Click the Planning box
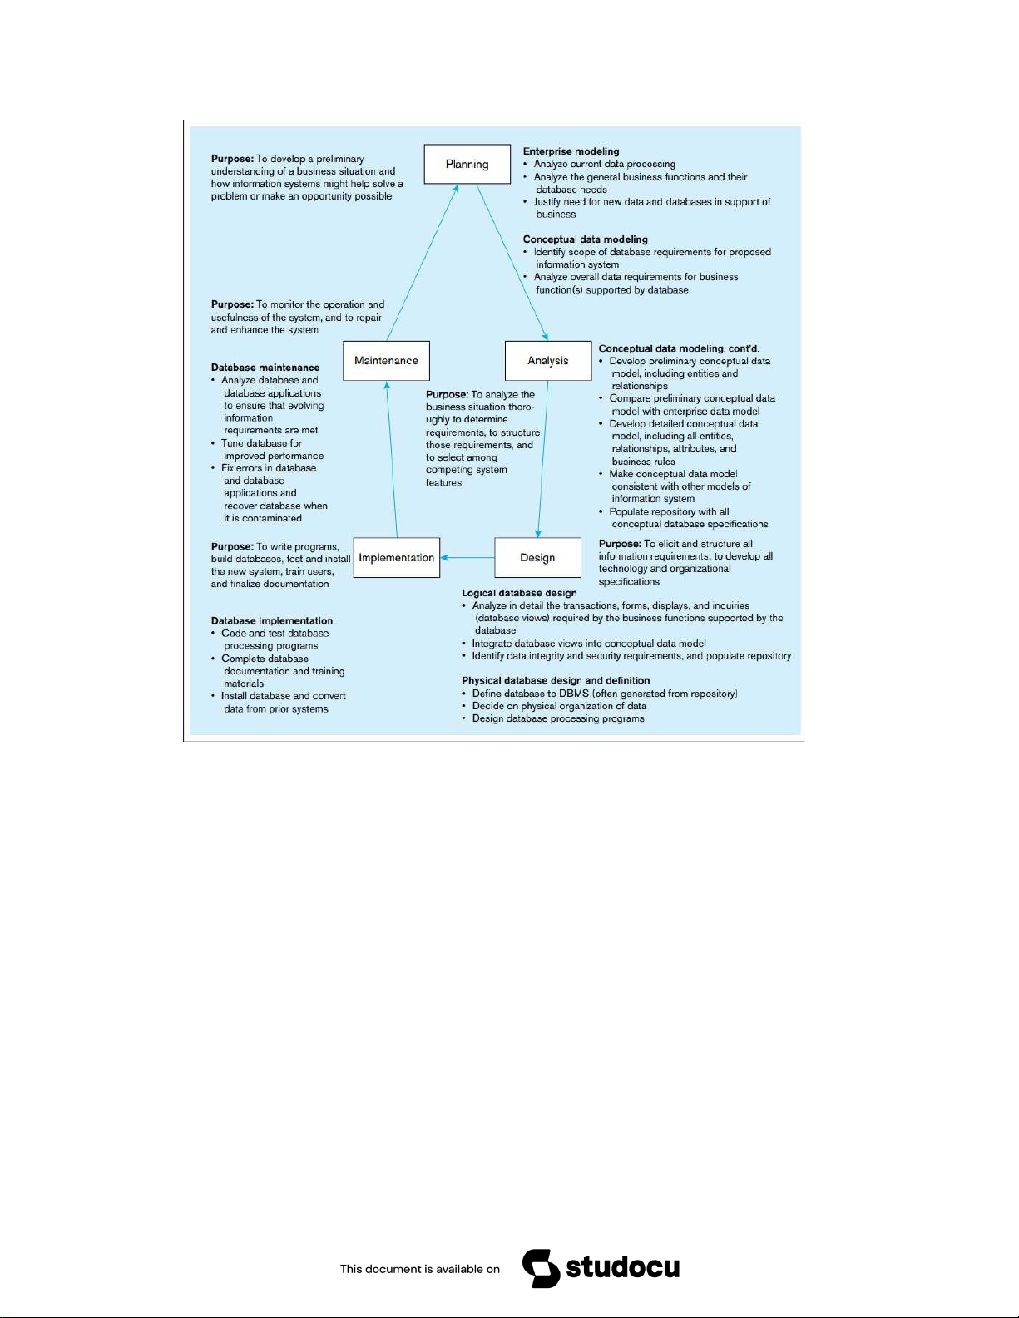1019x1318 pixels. click(x=467, y=164)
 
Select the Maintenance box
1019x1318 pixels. click(x=386, y=361)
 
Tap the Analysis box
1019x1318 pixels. click(x=548, y=361)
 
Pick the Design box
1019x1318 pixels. click(x=537, y=557)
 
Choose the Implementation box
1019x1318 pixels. click(x=397, y=557)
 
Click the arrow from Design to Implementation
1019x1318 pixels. click(x=467, y=557)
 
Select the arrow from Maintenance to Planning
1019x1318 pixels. click(x=422, y=262)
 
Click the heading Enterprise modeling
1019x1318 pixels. click(x=571, y=151)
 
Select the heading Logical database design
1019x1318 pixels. click(x=519, y=593)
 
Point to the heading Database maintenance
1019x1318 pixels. click(x=265, y=368)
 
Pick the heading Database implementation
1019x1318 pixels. click(x=272, y=621)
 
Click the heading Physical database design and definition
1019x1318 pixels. click(x=556, y=680)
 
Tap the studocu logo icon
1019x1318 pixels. click(x=541, y=1268)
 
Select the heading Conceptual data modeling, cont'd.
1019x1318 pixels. click(x=679, y=348)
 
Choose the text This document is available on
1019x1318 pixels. click(x=420, y=1269)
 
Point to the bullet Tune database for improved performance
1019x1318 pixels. click(x=268, y=449)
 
